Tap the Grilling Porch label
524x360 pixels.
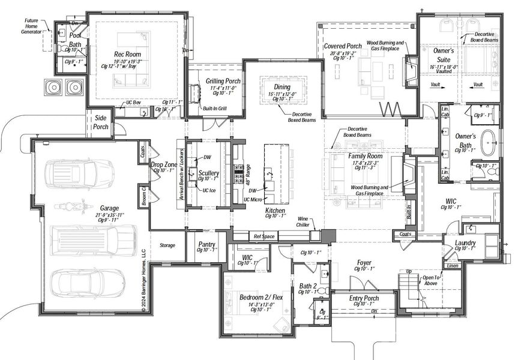(x=223, y=81)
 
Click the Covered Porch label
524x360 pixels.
(x=343, y=46)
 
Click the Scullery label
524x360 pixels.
(x=208, y=173)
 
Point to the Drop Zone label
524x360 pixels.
(x=163, y=164)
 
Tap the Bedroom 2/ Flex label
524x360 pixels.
(x=260, y=297)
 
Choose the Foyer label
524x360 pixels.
(x=364, y=263)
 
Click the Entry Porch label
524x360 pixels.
(x=364, y=298)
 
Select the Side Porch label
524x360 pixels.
(x=100, y=122)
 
